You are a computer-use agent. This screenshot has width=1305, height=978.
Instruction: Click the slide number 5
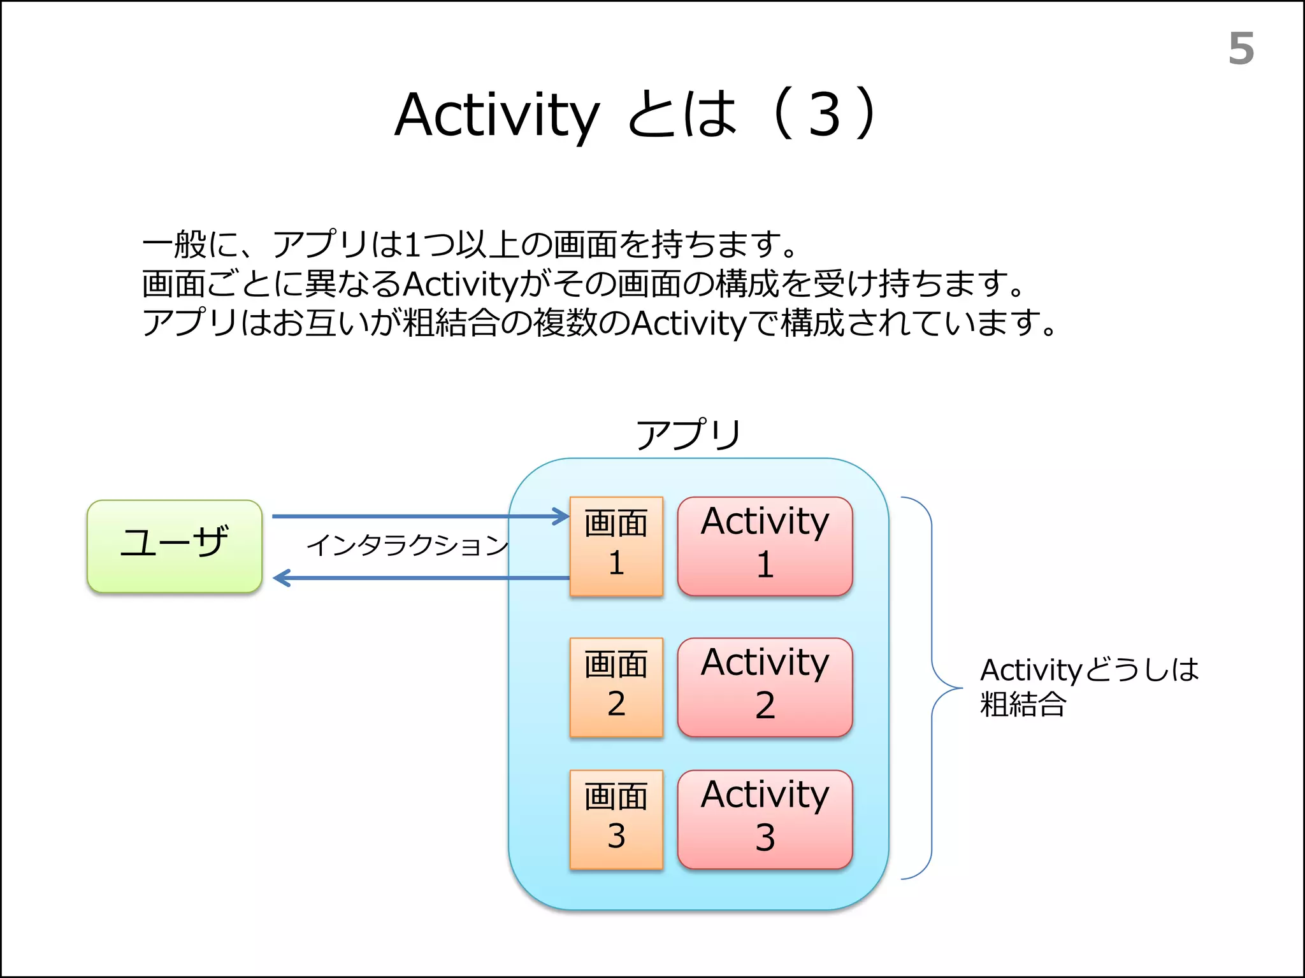click(x=1241, y=49)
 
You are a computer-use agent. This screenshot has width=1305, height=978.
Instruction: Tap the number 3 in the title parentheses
click(x=825, y=115)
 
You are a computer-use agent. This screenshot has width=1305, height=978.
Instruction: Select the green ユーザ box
click(x=175, y=546)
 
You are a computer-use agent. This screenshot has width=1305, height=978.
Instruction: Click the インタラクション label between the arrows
click(x=408, y=546)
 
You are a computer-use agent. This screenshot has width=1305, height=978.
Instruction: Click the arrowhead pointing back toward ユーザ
click(x=281, y=578)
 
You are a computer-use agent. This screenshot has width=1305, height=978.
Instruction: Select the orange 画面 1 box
click(x=616, y=546)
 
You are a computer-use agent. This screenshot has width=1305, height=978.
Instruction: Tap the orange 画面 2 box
click(x=616, y=687)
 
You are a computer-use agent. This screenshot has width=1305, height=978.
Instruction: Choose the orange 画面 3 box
click(x=616, y=819)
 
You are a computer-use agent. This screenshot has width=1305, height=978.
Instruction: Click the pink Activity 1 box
click(x=765, y=546)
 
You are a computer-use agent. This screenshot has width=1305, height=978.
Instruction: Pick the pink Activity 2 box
click(x=765, y=687)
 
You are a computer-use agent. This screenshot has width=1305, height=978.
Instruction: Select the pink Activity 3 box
click(x=765, y=819)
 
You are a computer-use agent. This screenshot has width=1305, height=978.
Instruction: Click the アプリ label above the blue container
click(x=688, y=435)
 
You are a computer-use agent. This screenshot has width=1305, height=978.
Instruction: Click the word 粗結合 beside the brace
click(x=1023, y=705)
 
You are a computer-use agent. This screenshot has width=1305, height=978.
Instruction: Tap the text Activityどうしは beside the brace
click(x=1089, y=670)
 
